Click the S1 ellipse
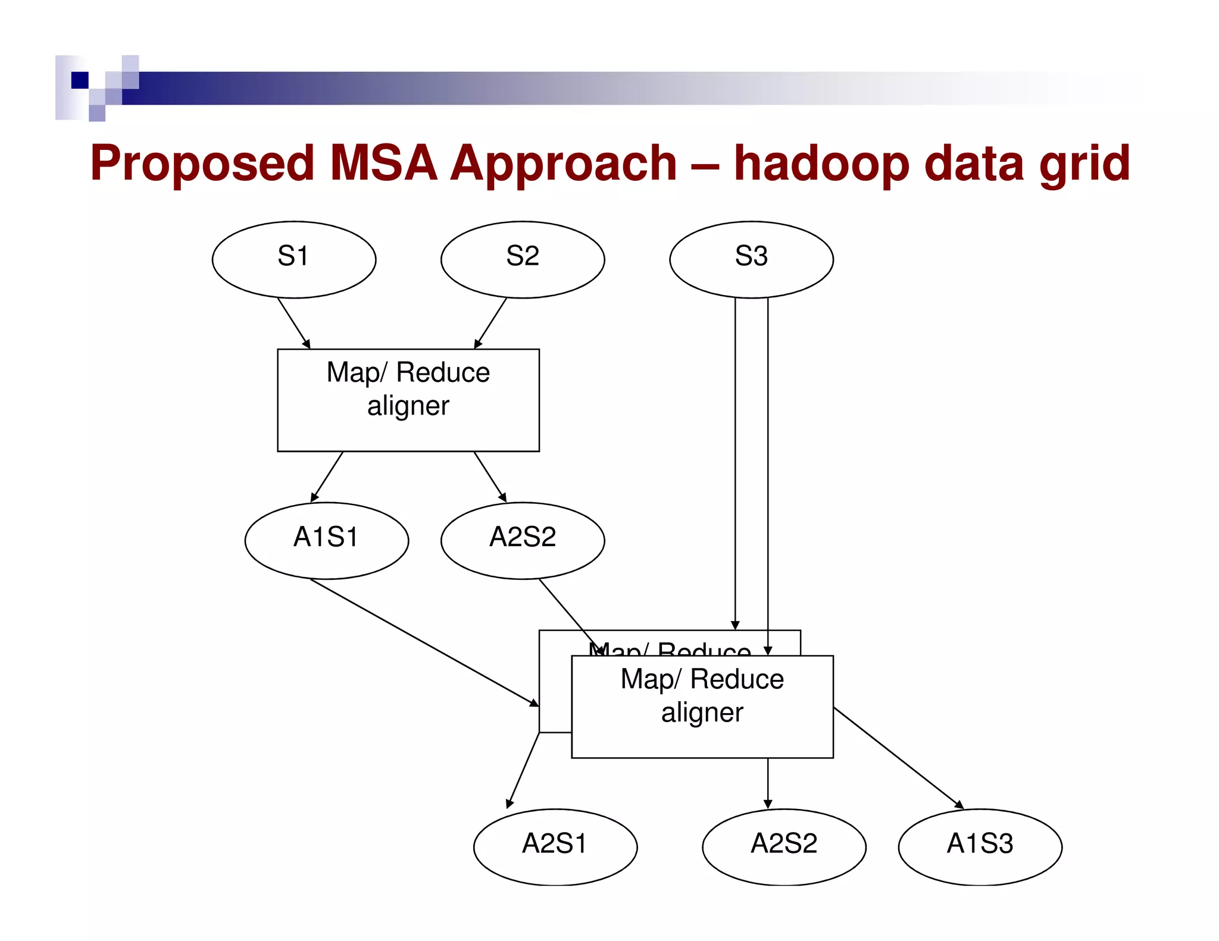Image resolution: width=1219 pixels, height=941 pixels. [x=294, y=259]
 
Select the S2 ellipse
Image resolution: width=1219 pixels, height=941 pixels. [x=523, y=259]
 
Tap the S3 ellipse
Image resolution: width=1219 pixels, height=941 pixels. [x=751, y=259]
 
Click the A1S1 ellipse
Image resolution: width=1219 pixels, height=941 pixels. [x=326, y=540]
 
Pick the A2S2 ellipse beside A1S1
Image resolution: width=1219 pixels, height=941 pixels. [x=523, y=540]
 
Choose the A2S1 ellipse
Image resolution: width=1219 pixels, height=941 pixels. [x=555, y=846]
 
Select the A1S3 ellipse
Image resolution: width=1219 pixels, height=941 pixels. [x=980, y=846]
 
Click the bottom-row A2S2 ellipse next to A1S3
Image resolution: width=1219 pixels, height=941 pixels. [x=784, y=846]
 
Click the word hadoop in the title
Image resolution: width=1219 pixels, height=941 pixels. [x=821, y=164]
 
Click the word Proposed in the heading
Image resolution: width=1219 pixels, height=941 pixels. [x=202, y=164]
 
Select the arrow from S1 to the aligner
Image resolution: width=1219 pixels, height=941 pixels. [x=294, y=323]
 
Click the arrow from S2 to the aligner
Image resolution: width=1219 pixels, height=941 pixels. [x=490, y=323]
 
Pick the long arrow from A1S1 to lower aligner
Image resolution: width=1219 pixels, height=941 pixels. [x=424, y=642]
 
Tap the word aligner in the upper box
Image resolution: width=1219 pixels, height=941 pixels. [x=408, y=406]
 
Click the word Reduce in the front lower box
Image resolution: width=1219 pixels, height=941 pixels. [x=737, y=679]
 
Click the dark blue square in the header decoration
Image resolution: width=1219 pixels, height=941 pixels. [x=80, y=80]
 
